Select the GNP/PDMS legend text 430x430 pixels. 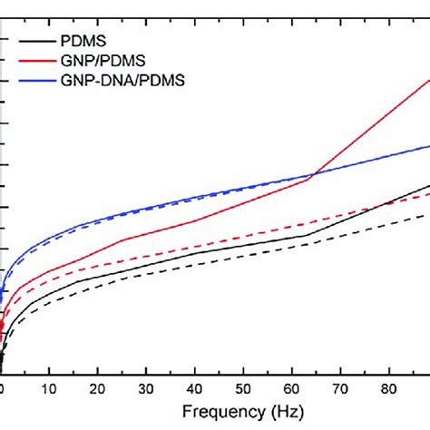point(100,60)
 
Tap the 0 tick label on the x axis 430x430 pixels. point(3,388)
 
